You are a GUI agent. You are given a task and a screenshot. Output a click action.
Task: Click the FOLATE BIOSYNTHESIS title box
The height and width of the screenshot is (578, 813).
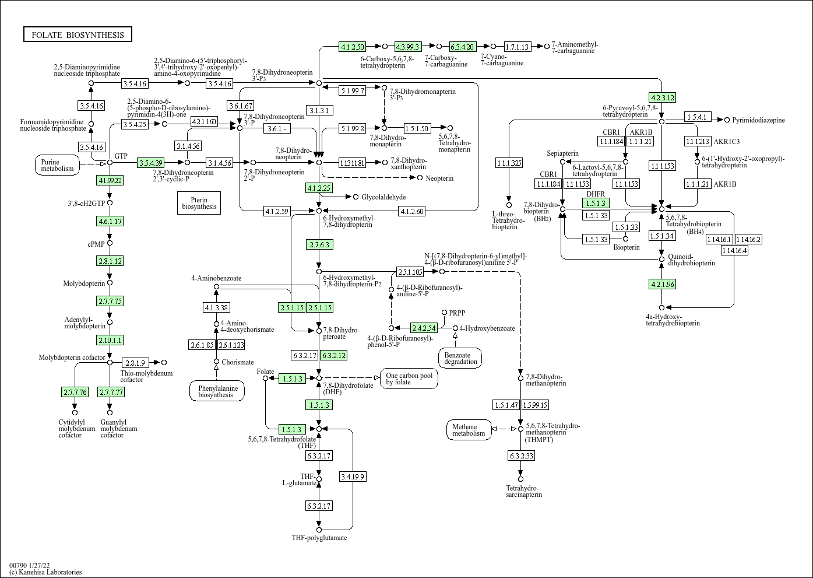(78, 35)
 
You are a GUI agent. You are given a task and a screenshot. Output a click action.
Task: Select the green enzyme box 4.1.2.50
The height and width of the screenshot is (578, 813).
(352, 47)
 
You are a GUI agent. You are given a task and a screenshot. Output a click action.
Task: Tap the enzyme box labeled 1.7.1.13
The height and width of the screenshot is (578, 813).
(517, 47)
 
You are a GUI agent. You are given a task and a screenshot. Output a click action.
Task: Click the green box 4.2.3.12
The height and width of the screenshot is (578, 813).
(662, 97)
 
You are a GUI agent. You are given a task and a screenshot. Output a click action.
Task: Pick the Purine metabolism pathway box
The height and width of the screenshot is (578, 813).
(58, 165)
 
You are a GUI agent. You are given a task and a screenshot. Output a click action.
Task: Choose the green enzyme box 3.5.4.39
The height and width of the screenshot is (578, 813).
(151, 163)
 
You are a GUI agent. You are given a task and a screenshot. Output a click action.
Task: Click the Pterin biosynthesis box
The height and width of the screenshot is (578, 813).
(199, 202)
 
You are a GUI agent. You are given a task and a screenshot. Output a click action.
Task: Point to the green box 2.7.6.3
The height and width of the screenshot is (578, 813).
(319, 244)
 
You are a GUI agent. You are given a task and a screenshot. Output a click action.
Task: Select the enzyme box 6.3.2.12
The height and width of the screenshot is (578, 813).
(334, 355)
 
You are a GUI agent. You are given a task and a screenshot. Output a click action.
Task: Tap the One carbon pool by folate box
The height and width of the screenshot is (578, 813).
(409, 378)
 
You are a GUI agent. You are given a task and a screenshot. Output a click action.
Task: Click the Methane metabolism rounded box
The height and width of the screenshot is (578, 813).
(469, 430)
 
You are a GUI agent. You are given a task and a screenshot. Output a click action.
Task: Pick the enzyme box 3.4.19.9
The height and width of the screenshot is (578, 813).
(353, 477)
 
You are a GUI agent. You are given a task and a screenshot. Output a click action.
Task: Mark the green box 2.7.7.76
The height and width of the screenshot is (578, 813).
(75, 392)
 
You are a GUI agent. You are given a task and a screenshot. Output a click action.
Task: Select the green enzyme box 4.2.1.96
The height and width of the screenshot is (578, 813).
(662, 285)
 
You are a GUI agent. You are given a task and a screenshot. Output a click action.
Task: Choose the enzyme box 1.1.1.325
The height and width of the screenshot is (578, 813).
(509, 163)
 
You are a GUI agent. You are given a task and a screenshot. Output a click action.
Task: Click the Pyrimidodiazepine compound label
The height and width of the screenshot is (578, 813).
(758, 120)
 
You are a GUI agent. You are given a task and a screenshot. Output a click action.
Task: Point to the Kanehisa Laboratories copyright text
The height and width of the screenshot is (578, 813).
(45, 572)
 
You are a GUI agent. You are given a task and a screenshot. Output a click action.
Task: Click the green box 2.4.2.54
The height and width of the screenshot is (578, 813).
(424, 328)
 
